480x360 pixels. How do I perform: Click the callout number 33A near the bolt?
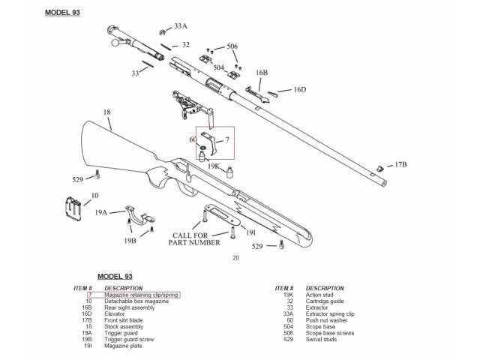181,26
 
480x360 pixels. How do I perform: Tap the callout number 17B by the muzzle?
400,164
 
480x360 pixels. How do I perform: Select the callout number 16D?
299,90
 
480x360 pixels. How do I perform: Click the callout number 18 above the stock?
107,112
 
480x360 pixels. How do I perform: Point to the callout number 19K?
214,166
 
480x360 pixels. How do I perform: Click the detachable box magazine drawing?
74,209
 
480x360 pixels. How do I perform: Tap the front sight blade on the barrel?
380,167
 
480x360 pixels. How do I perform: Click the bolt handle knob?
115,45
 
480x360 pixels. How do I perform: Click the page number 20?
235,259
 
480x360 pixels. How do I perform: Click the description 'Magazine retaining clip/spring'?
142,295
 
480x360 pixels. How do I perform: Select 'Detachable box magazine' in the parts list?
135,301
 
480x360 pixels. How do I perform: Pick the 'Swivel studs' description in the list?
322,339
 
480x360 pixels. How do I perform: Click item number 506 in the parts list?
288,333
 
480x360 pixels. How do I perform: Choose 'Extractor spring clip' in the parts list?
331,313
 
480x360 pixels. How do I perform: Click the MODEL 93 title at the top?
62,13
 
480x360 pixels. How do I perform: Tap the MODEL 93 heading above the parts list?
115,277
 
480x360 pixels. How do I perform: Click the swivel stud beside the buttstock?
98,177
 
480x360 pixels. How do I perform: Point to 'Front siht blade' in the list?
124,320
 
